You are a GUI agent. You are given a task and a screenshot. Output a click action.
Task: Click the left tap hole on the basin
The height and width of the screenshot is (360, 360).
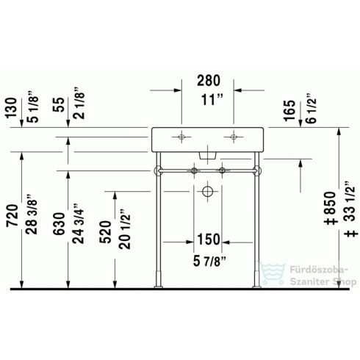[181, 137]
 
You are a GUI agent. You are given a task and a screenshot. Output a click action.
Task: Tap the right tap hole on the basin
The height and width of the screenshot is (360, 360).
[234, 137]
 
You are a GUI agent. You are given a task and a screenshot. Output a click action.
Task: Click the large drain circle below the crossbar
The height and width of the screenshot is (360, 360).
[208, 192]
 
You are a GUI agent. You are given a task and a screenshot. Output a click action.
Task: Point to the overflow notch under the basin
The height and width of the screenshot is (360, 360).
[208, 154]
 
